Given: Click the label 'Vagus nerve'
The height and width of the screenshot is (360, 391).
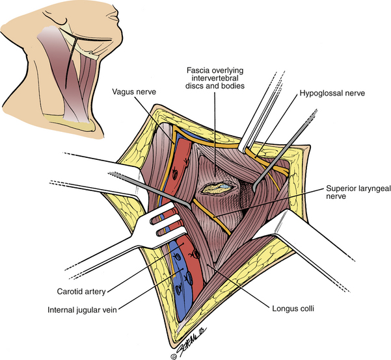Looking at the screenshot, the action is pos(134,92).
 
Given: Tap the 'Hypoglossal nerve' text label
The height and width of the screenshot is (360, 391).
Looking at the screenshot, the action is pos(332,93).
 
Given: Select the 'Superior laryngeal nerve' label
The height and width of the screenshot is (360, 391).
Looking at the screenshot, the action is pos(358,192).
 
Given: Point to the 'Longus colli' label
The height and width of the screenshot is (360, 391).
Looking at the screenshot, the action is pos(293,309).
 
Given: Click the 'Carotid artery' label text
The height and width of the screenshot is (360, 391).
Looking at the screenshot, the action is pos(81,292).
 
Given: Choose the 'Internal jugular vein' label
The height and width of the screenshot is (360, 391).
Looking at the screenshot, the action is pos(82,310).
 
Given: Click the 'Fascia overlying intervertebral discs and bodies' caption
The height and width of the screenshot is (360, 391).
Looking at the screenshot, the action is pos(215,78).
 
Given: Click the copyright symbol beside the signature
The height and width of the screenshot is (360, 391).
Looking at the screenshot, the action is pos(174,357).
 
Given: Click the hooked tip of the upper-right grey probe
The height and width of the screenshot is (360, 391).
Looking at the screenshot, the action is pos(254,188).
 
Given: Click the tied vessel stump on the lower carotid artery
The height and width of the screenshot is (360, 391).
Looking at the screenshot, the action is pos(195,254).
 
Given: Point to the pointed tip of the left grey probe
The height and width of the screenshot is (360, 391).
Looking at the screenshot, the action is pos(190,209).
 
